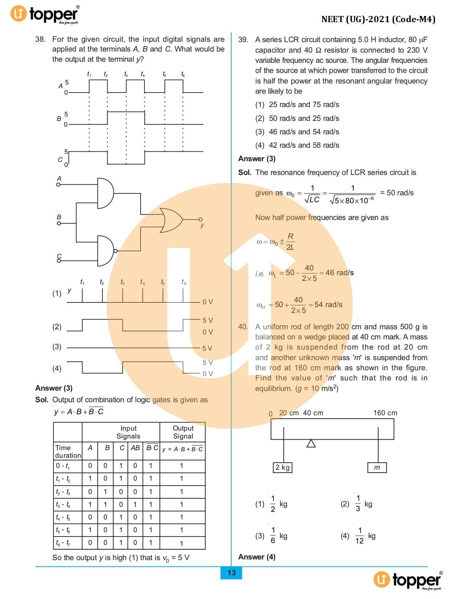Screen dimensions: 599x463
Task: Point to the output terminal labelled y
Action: [200, 219]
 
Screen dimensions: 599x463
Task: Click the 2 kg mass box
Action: [283, 467]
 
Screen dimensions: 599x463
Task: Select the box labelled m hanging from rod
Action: [377, 468]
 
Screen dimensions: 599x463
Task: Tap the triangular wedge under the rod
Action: [311, 444]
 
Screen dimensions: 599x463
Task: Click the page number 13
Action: [231, 572]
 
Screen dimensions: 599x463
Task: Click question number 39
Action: [243, 40]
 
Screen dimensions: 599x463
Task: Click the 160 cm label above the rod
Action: [385, 413]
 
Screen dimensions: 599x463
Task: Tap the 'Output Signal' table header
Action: [183, 432]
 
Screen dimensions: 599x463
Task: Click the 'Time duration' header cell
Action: [68, 451]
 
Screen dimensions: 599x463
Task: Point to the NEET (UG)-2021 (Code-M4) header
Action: [378, 19]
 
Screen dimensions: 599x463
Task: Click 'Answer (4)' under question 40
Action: [257, 557]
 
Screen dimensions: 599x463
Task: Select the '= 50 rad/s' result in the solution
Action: [397, 193]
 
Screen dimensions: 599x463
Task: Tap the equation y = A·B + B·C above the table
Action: [79, 411]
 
